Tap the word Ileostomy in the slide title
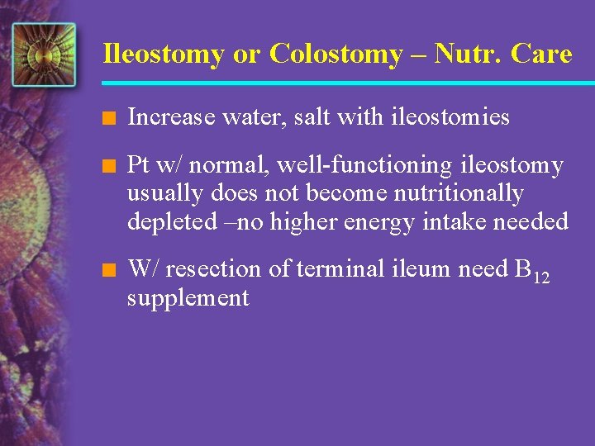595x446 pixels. tap(163, 55)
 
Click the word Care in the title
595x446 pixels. tap(541, 55)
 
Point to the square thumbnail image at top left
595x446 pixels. tap(44, 55)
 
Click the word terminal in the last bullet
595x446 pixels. tap(320, 269)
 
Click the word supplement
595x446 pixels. tap(188, 297)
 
